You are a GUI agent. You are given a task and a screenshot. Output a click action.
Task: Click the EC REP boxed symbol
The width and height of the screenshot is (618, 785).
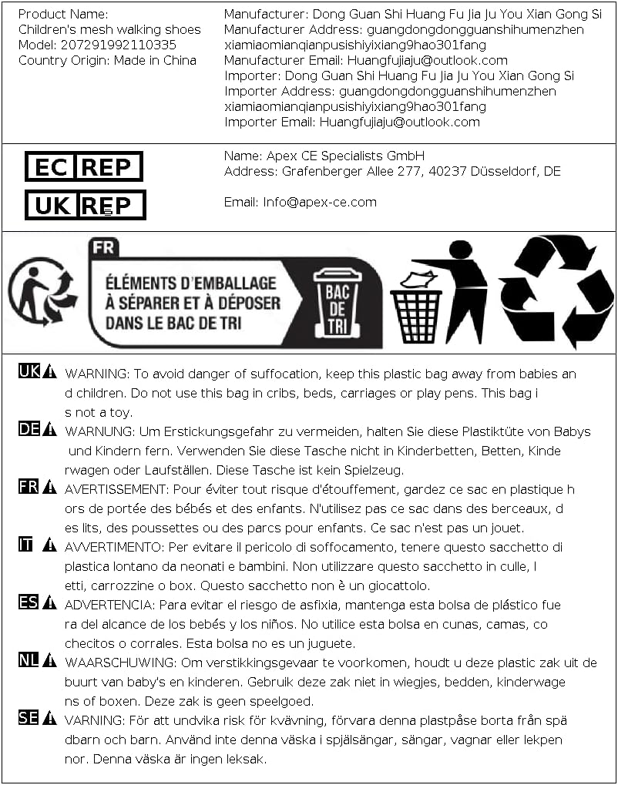click(x=84, y=166)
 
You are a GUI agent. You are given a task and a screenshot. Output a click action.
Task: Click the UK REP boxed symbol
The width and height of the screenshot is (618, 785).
click(x=85, y=205)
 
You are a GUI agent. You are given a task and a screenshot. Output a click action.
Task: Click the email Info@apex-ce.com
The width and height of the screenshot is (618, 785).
click(x=320, y=202)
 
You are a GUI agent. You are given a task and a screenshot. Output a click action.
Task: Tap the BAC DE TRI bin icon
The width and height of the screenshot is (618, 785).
click(x=337, y=303)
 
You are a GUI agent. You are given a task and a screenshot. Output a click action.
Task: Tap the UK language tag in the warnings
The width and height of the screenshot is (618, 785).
click(x=29, y=372)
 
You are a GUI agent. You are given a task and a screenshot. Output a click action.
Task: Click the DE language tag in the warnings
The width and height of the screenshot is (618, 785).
click(x=29, y=430)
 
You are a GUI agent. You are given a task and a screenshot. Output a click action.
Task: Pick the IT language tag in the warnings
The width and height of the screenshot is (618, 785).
click(x=26, y=545)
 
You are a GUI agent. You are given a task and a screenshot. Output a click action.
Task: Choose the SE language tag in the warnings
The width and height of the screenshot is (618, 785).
click(x=29, y=719)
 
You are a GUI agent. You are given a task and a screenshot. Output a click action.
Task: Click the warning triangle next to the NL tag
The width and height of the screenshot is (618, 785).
click(x=49, y=661)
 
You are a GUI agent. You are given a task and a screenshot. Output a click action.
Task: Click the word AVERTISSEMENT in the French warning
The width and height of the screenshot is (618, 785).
click(x=116, y=489)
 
